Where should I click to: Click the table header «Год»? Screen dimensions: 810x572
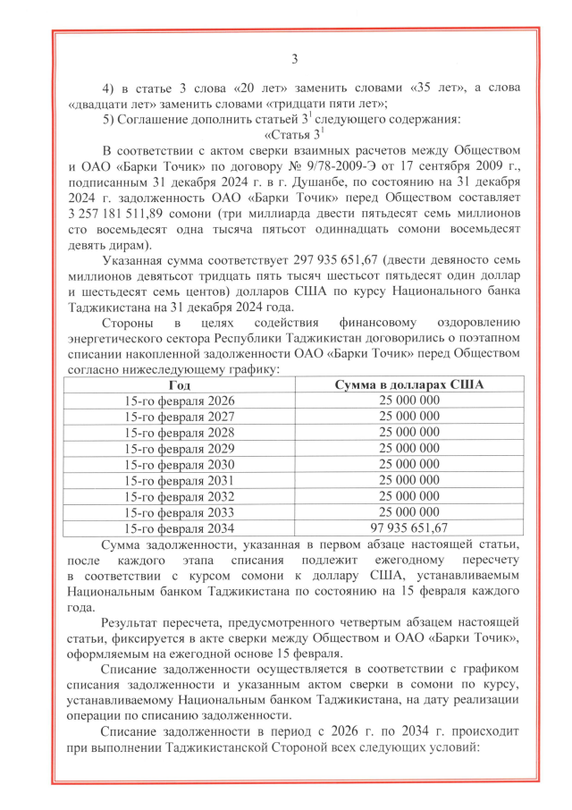[180, 384]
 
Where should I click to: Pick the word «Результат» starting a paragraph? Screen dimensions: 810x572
[133, 622]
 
